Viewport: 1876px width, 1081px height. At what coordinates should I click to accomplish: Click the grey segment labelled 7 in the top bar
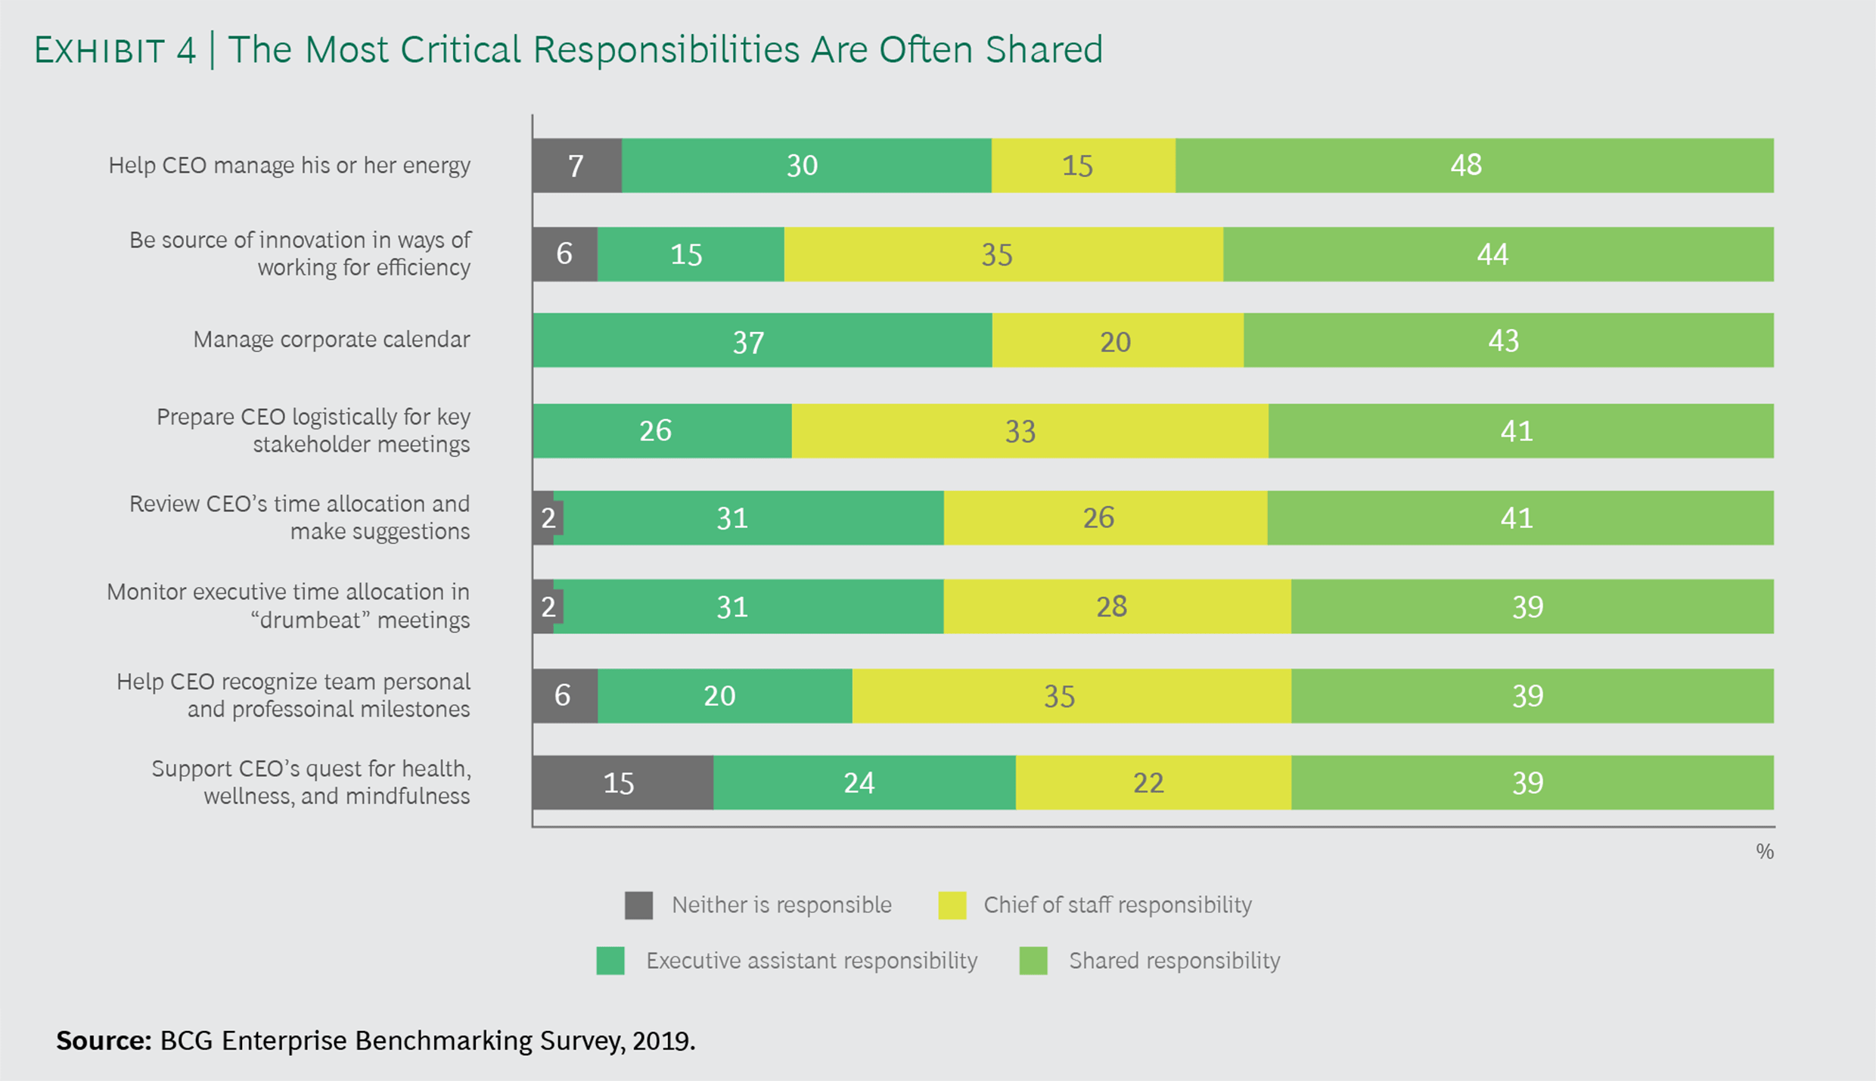pos(576,166)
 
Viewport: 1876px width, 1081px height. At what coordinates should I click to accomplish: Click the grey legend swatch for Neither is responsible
pos(638,905)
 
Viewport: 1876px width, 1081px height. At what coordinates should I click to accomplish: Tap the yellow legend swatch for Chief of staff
pos(952,905)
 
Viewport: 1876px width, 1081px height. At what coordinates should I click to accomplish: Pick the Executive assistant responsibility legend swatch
pos(610,961)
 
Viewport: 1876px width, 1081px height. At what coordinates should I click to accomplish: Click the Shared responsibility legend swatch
pos(1033,961)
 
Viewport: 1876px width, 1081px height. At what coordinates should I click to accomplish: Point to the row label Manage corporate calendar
pos(331,340)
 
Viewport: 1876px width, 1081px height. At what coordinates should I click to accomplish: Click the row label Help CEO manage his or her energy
pos(289,166)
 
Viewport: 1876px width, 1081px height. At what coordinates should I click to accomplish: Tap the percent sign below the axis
pos(1764,852)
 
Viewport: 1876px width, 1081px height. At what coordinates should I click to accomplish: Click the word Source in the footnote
pos(104,1042)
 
